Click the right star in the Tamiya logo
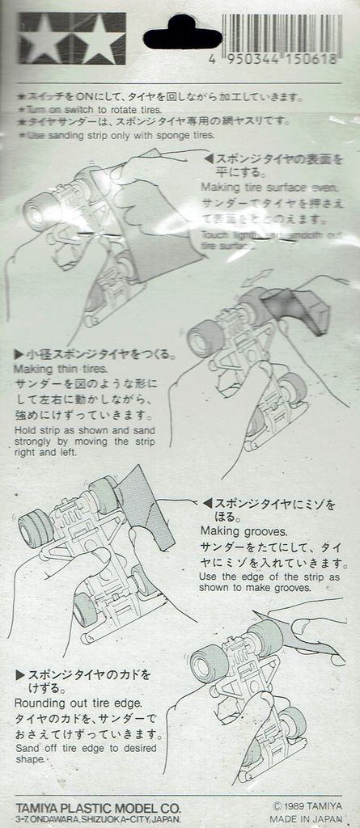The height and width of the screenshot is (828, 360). pyautogui.click(x=99, y=38)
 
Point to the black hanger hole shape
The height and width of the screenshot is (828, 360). pyautogui.click(x=181, y=33)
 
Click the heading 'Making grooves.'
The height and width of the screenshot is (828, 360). pyautogui.click(x=244, y=531)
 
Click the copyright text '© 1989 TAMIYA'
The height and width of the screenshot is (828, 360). pyautogui.click(x=307, y=805)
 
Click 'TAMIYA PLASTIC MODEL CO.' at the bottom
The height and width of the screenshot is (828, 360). pyautogui.click(x=98, y=807)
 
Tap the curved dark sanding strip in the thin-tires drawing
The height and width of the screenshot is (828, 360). pyautogui.click(x=299, y=311)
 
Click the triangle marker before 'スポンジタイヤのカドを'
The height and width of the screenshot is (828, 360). pyautogui.click(x=19, y=674)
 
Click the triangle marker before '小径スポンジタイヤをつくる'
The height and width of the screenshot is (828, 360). pyautogui.click(x=19, y=354)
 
